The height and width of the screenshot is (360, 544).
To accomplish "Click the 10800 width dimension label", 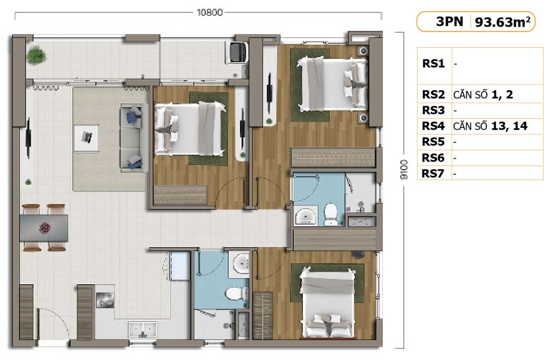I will (x=210, y=13).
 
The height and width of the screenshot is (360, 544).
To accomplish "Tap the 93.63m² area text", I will (x=502, y=22).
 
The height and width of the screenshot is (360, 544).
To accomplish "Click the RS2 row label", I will (x=434, y=95).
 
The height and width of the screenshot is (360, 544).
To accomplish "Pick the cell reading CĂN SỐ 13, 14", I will (x=490, y=126).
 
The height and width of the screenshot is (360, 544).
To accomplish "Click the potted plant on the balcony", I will (x=36, y=56).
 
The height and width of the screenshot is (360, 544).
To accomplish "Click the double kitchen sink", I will (x=142, y=330).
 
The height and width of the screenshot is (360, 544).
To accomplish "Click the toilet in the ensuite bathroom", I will (x=331, y=214).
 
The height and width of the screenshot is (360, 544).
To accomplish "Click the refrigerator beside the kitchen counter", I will (x=179, y=266).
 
